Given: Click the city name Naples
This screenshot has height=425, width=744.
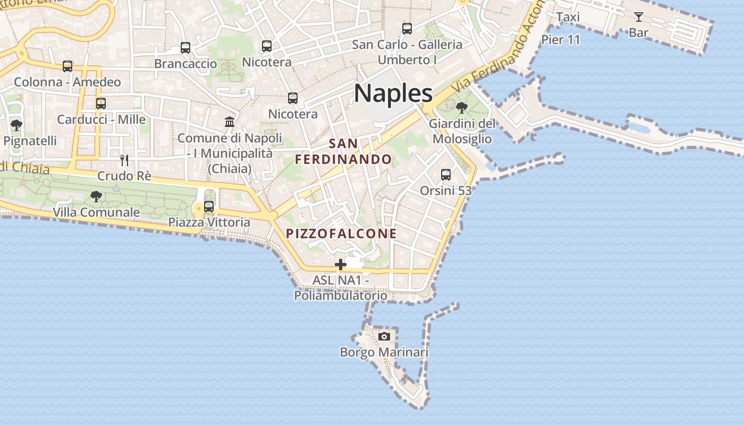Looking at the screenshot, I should click(x=393, y=93).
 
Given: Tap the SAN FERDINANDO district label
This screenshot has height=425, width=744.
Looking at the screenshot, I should click(x=343, y=151).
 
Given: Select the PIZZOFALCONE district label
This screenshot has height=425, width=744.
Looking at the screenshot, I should click(x=341, y=234).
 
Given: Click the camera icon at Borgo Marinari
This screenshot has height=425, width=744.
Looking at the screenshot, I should click(x=384, y=336).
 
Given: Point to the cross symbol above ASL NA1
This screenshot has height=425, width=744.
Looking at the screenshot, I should click(x=340, y=264).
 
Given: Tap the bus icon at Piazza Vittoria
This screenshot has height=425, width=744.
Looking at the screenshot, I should click(x=209, y=206).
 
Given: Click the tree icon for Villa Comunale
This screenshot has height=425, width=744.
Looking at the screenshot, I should click(x=96, y=197).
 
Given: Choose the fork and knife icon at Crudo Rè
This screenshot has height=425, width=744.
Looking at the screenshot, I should click(x=124, y=160).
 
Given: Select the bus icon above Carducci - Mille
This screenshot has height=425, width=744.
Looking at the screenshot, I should click(x=101, y=103).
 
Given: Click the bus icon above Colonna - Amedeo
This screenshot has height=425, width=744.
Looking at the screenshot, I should click(x=67, y=66).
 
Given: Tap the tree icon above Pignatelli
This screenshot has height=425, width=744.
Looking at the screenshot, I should click(x=16, y=125).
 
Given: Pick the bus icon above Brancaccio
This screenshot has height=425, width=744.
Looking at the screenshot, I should click(x=185, y=48).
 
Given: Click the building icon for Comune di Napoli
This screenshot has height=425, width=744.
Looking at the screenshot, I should click(x=230, y=122).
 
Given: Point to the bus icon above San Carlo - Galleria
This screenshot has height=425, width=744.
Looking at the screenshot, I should click(x=407, y=29).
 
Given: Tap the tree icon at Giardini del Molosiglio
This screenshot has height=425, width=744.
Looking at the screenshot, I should click(x=461, y=108).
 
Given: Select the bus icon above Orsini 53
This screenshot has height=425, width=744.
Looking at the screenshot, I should click(x=445, y=174).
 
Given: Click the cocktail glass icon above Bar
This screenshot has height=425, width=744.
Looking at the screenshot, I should click(x=638, y=17).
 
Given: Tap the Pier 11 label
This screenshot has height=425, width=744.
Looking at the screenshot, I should click(x=561, y=40).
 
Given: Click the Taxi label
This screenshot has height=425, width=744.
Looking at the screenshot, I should click(x=568, y=17).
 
